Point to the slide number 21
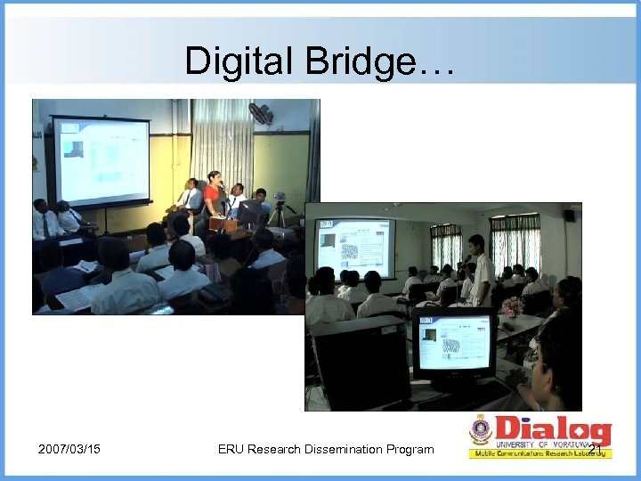[595, 437]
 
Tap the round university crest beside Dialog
[481, 431]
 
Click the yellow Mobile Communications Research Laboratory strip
[540, 453]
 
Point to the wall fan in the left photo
[261, 113]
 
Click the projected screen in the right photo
[354, 247]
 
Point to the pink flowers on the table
[512, 306]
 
